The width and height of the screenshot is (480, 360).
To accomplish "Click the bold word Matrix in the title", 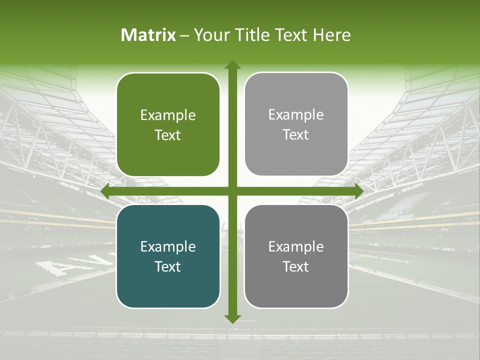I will tap(148, 35).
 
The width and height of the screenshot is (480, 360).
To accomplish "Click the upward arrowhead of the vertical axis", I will tap(232, 65).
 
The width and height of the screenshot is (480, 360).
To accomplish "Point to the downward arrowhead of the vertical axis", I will tap(232, 318).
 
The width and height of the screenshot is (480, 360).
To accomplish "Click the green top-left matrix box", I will tap(168, 124).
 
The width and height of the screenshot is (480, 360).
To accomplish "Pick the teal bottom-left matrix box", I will tap(168, 256).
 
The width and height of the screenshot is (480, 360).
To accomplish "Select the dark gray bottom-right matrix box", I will tap(296, 256).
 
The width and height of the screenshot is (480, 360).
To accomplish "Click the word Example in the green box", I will tap(168, 115).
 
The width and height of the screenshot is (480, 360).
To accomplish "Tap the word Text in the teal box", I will tap(168, 266).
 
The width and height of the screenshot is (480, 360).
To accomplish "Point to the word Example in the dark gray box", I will tap(296, 246).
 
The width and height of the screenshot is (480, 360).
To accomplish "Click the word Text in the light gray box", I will tap(296, 134).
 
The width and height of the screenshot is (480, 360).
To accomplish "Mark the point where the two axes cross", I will tap(232, 191).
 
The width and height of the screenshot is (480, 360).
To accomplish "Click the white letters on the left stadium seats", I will tap(75, 265).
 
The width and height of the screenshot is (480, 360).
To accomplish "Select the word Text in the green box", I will tap(168, 135).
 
